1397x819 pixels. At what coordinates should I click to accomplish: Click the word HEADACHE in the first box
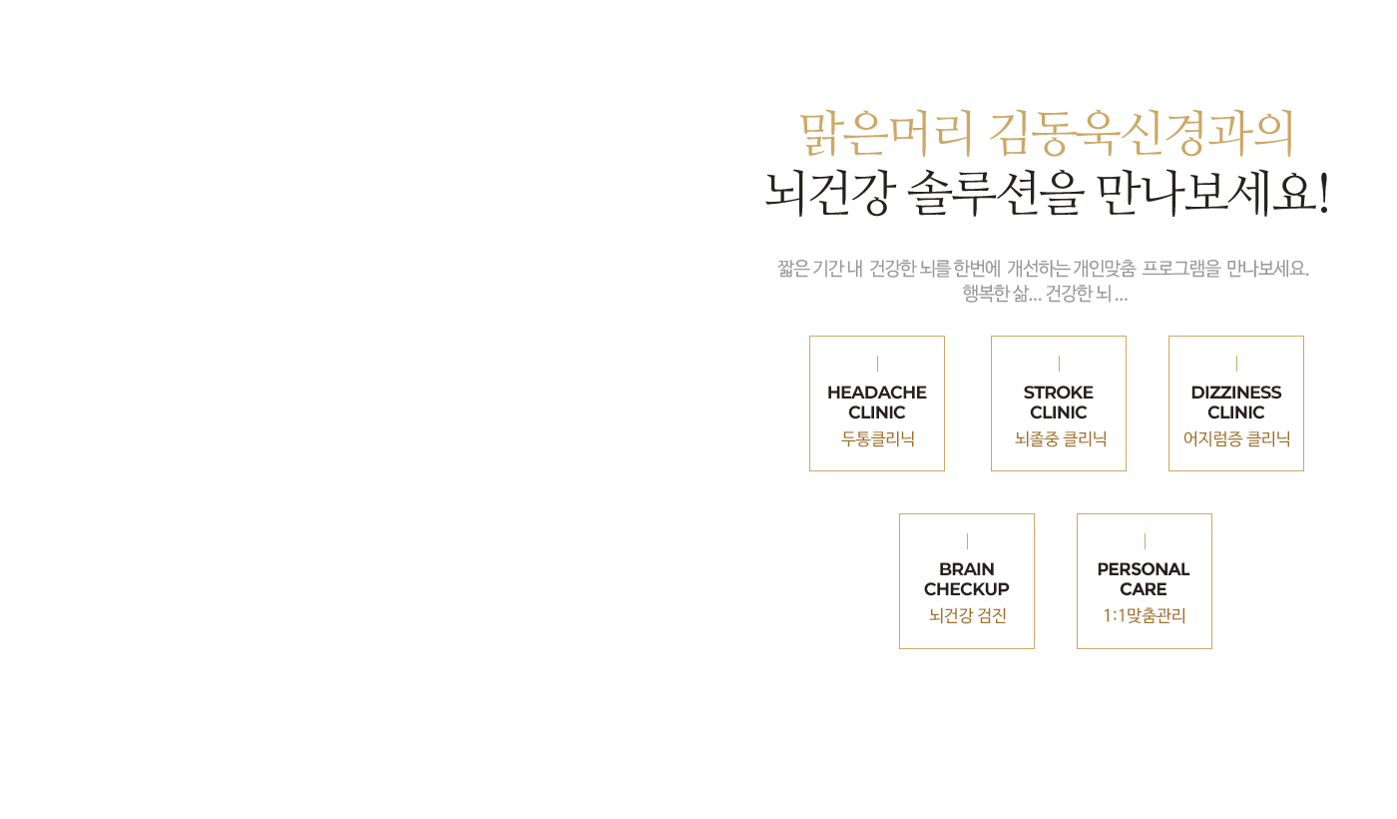[x=876, y=393]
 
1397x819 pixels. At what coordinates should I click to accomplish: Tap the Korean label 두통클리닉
[x=877, y=438]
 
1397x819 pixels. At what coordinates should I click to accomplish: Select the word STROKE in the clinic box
[x=1058, y=393]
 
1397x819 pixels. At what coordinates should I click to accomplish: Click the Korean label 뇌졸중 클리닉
[x=1060, y=438]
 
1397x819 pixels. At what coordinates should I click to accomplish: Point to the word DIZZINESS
[x=1235, y=393]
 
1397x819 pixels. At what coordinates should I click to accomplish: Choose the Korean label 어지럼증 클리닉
[x=1236, y=438]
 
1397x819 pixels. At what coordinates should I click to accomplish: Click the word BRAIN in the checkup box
[x=966, y=569]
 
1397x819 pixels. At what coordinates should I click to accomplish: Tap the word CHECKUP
[x=966, y=589]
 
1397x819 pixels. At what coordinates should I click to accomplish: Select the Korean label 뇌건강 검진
[x=967, y=615]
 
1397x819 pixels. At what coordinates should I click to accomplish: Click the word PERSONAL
[x=1143, y=569]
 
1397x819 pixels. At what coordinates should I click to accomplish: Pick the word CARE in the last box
[x=1143, y=589]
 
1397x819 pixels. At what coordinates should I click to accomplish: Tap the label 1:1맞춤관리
[x=1145, y=615]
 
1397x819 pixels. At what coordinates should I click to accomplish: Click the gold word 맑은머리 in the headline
[x=886, y=135]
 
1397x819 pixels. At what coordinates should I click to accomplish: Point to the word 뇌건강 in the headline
[x=828, y=193]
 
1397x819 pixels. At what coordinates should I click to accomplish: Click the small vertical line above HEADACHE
[x=877, y=364]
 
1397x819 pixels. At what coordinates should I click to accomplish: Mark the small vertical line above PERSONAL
[x=1145, y=541]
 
